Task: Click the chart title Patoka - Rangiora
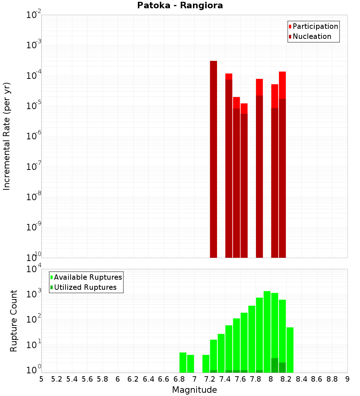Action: (180, 5)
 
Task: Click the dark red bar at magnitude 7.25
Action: (213, 158)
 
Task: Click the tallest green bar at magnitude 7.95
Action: (267, 331)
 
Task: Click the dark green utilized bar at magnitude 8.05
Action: (275, 365)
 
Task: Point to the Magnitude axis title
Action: (194, 390)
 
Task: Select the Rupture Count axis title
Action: (14, 321)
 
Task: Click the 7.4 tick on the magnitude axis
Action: (225, 379)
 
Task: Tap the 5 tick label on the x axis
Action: (41, 379)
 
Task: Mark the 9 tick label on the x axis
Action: (347, 379)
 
